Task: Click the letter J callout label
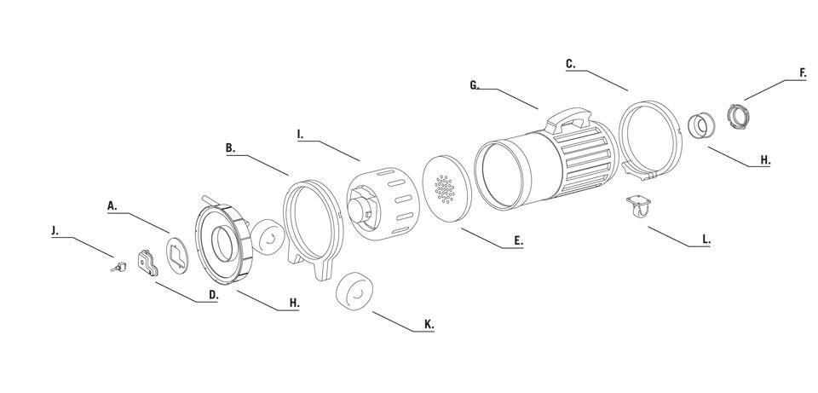(55, 231)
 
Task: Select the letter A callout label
(112, 205)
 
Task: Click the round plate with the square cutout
(177, 255)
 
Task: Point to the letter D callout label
(213, 295)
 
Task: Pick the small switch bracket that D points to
(147, 263)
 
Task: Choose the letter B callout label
(230, 148)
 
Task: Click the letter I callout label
(300, 135)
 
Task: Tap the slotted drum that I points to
(383, 204)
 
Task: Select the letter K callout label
(429, 325)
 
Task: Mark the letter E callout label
(518, 240)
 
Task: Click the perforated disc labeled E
(446, 189)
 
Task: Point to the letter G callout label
(475, 85)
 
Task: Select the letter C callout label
(571, 64)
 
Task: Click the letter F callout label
(803, 73)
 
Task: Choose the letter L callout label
(706, 240)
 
